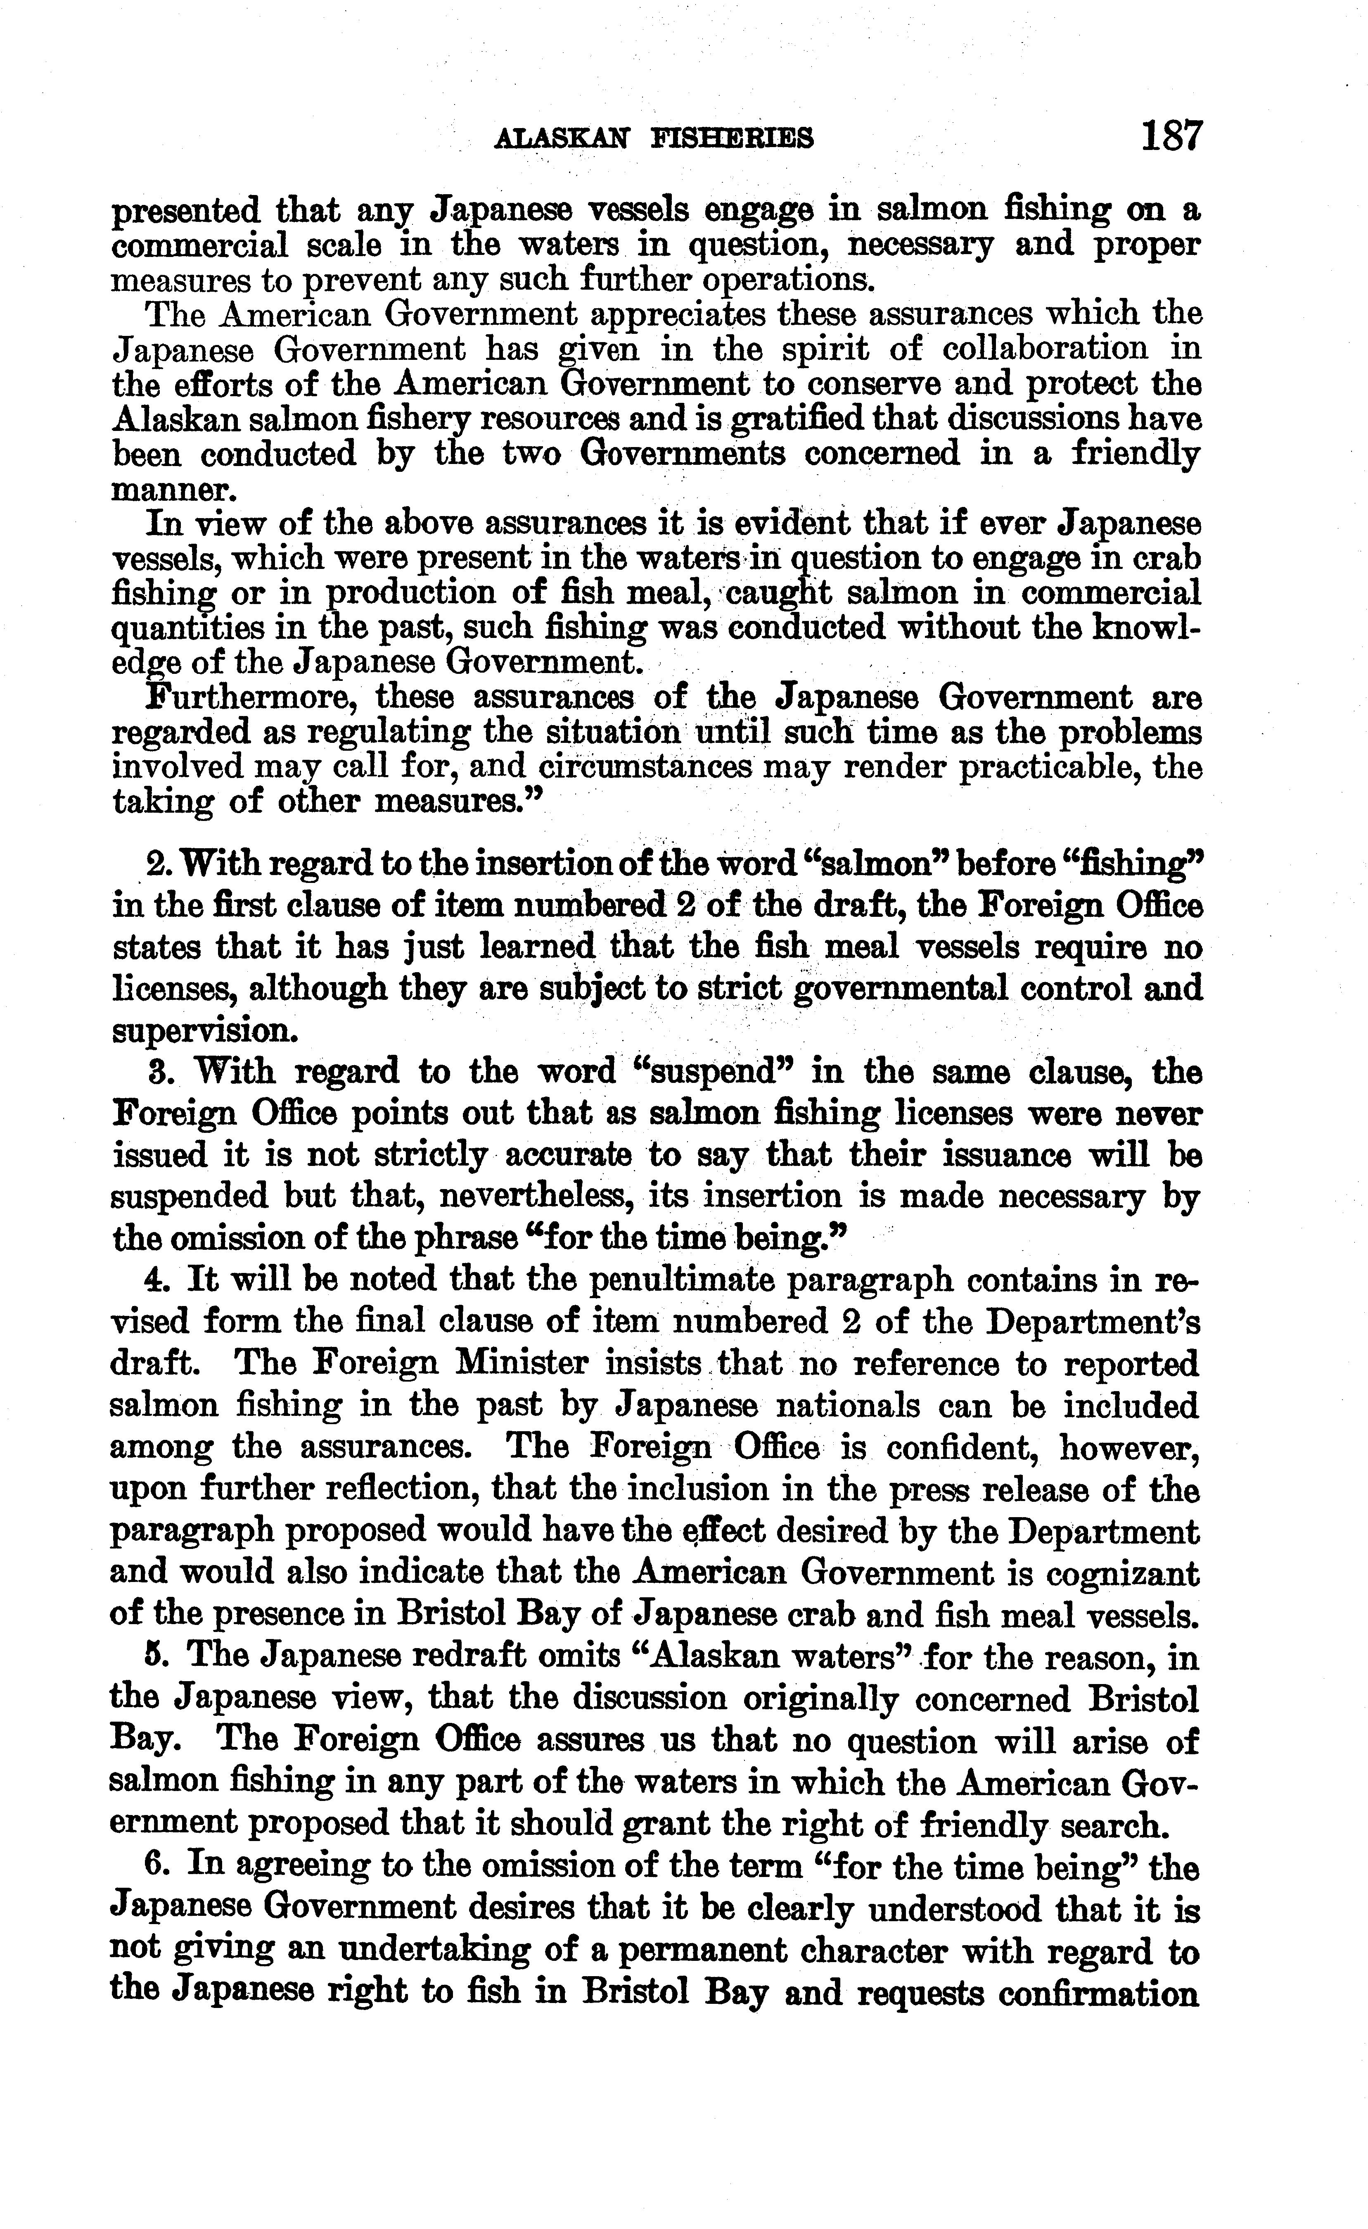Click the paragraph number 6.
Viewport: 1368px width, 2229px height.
154,1866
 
